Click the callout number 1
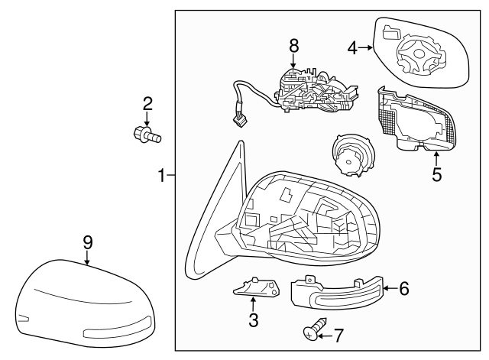(161, 177)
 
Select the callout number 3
(254, 320)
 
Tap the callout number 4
(352, 48)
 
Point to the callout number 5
(436, 174)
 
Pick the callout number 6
(404, 288)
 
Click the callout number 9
(87, 242)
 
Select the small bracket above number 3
(254, 287)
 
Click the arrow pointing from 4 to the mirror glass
(365, 48)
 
